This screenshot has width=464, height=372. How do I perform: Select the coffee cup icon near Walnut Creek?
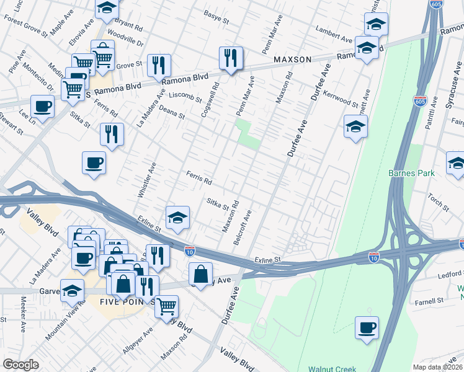click(367, 327)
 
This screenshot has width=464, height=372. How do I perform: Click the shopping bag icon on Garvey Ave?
click(201, 273)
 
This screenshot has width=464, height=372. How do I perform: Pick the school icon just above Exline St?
click(177, 218)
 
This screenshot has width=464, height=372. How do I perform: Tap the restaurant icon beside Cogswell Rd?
click(231, 58)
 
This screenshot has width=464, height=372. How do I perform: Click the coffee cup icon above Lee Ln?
click(42, 106)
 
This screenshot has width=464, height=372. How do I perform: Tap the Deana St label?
click(172, 112)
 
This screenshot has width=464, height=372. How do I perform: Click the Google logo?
click(20, 365)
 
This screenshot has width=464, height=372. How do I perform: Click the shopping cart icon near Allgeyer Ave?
click(166, 306)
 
